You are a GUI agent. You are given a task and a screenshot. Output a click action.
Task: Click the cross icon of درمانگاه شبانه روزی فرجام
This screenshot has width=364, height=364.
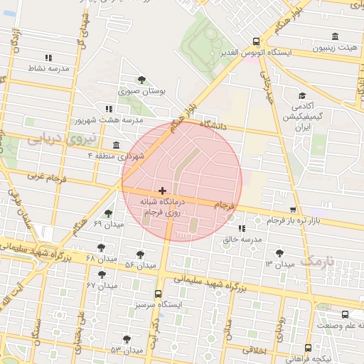(x=163, y=191)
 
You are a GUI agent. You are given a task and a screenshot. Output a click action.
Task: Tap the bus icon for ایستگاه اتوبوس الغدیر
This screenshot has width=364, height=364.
(x=257, y=41)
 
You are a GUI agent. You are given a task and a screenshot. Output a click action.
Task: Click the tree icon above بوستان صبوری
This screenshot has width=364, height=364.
(x=141, y=79)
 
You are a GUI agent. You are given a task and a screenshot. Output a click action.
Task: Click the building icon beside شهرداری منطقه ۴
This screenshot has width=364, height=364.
(x=117, y=144)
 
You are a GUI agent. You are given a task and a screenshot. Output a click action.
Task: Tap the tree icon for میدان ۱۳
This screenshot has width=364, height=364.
(x=279, y=253)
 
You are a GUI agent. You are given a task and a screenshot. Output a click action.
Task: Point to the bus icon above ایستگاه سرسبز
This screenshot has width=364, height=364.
(x=158, y=293)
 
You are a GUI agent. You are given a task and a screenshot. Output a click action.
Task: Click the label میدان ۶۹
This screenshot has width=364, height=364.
(x=108, y=225)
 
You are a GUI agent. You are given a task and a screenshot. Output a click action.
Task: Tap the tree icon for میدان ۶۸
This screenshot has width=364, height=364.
(x=101, y=247)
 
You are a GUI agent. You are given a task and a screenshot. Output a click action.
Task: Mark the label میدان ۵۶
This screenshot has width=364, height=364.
(x=140, y=265)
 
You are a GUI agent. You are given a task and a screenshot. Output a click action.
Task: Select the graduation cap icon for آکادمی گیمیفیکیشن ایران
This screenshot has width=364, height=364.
(x=302, y=96)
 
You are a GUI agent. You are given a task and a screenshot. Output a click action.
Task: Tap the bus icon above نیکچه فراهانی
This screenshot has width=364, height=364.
(x=308, y=348)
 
